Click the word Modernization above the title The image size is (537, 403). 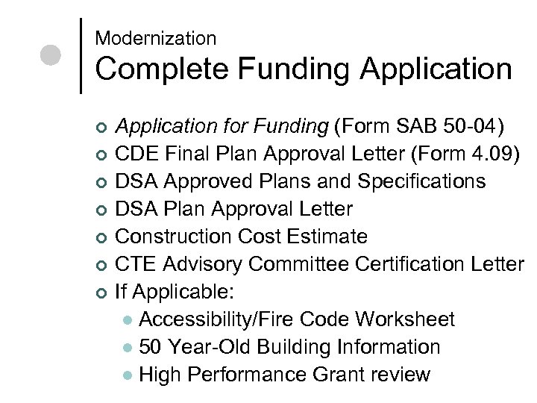coord(156,38)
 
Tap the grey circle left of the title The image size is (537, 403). coord(51,56)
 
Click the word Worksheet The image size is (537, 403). coord(406,319)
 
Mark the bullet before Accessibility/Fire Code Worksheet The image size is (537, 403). coord(129,320)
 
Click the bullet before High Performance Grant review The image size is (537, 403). coord(129,375)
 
